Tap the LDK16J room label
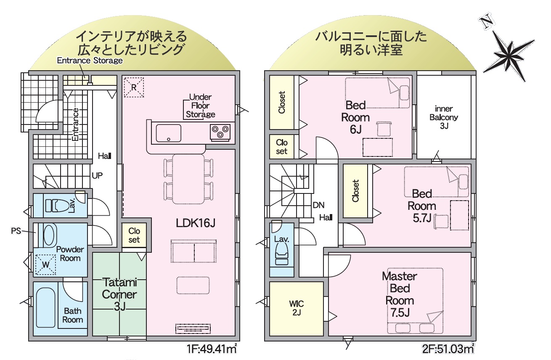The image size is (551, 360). pos(196,223)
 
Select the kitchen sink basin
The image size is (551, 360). pos(169,133)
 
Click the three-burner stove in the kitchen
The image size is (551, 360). pos(220,132)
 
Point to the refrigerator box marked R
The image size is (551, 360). pos(134,87)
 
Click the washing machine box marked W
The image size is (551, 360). pos(46,265)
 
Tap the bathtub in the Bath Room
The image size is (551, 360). pos(45,308)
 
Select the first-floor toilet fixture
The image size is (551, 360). pos(57,206)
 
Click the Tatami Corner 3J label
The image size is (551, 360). pos(119,294)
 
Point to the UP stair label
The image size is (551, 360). pos(97,175)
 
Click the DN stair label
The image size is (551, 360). pos(318,205)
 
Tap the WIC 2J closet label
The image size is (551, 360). pos(297,308)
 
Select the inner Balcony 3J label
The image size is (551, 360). pos(444,117)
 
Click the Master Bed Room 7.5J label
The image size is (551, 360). pos(400,294)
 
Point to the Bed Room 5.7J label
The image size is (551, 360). pos(422,206)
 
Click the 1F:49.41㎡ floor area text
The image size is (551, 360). pos(212,349)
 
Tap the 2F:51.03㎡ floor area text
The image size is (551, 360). pos(448,349)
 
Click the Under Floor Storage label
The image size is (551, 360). pos(201,106)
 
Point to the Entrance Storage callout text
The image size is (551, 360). pos(90,61)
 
